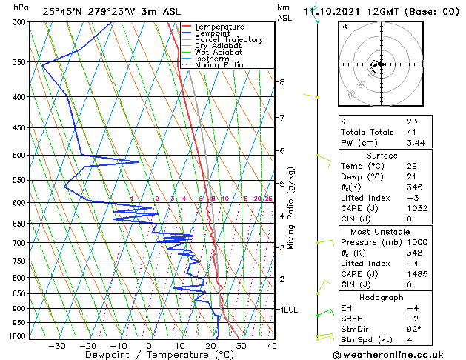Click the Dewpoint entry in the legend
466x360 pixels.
pos(216,33)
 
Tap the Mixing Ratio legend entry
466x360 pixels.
pos(219,65)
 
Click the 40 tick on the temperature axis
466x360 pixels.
pos(272,345)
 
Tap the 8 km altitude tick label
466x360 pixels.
pos(282,81)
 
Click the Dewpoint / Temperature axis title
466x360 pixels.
pos(148,355)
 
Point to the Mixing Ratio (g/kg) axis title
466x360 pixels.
pos(291,208)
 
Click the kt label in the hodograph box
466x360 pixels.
pos(344,27)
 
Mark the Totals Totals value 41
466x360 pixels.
pos(412,131)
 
